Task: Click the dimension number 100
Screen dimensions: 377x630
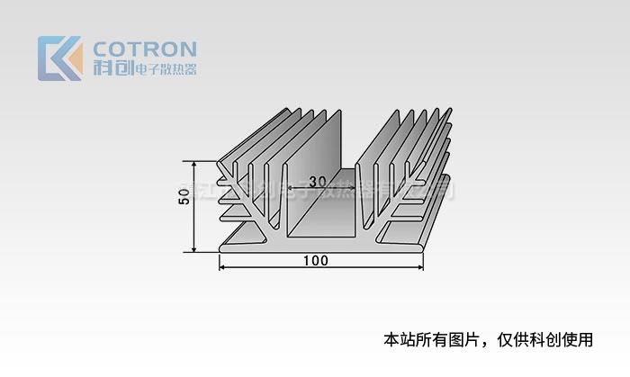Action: pyautogui.click(x=316, y=261)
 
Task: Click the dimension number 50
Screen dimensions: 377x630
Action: pyautogui.click(x=184, y=197)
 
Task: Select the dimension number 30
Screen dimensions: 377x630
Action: pyautogui.click(x=317, y=181)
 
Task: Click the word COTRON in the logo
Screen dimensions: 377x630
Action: pyautogui.click(x=145, y=49)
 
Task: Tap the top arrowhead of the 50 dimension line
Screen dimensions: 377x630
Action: pyautogui.click(x=193, y=165)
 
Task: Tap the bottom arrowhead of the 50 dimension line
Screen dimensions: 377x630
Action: pyautogui.click(x=193, y=249)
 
